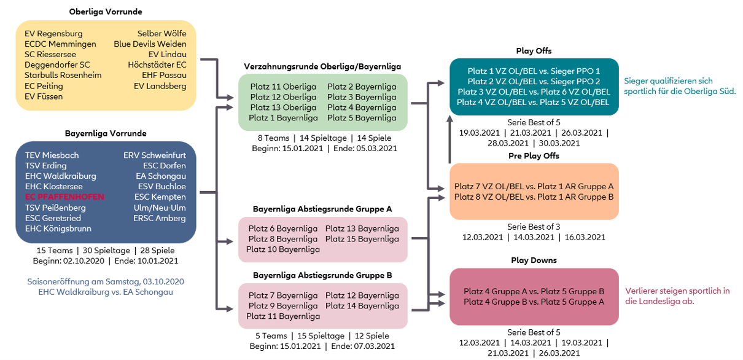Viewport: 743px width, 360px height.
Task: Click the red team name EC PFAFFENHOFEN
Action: click(64, 197)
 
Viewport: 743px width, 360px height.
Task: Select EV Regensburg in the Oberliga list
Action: click(53, 34)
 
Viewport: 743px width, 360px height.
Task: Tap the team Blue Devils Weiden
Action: click(150, 44)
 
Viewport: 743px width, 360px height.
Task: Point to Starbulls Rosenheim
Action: click(63, 75)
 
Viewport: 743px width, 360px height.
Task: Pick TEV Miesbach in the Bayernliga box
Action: click(52, 155)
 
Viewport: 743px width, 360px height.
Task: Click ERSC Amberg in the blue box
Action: click(160, 218)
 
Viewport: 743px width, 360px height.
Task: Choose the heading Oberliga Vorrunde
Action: click(106, 12)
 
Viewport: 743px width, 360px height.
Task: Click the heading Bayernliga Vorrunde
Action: click(106, 133)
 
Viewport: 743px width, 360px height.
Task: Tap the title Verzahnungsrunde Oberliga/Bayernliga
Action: click(322, 66)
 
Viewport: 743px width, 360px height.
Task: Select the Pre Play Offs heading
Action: click(534, 155)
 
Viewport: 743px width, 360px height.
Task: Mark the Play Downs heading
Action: click(534, 260)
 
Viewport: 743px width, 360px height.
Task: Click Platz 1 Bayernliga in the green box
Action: click(283, 118)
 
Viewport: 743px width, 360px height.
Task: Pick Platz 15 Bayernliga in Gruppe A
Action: click(362, 239)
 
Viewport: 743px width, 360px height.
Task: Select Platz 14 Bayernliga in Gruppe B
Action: click(362, 305)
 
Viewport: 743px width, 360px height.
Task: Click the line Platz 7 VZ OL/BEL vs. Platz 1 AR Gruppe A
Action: click(534, 187)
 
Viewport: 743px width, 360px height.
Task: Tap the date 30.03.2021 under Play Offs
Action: click(559, 143)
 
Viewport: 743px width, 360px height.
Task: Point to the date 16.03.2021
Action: click(585, 237)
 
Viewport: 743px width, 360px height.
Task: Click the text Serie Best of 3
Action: click(534, 227)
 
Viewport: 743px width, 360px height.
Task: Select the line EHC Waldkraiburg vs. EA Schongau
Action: click(106, 292)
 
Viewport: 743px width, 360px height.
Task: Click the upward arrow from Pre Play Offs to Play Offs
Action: click(449, 139)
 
